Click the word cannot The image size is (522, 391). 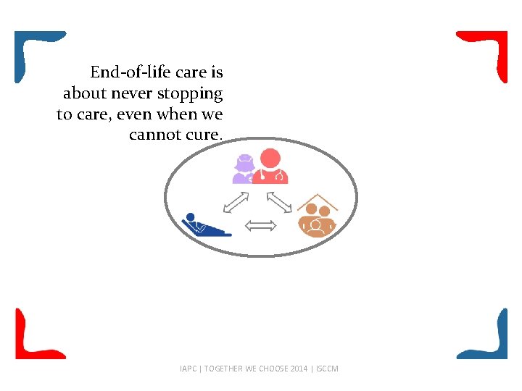pyautogui.click(x=152, y=135)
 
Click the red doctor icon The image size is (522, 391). pyautogui.click(x=270, y=167)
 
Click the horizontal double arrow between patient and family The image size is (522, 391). pyautogui.click(x=261, y=226)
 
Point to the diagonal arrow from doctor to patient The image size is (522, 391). pyautogui.click(x=236, y=202)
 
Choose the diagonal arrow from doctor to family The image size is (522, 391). pyautogui.click(x=279, y=202)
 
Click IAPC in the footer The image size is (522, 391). pyautogui.click(x=187, y=369)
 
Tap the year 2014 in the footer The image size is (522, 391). pyautogui.click(x=299, y=369)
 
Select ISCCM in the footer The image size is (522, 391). pyautogui.click(x=326, y=369)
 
